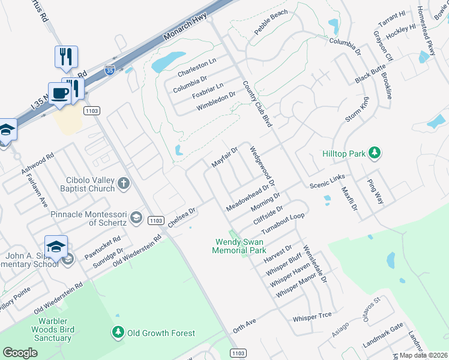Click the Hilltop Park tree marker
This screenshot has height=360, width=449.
pyautogui.click(x=375, y=154)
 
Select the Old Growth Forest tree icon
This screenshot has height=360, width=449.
pyautogui.click(x=118, y=332)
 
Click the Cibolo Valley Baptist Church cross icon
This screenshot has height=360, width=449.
pyautogui.click(x=124, y=183)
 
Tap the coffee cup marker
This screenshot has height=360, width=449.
pyautogui.click(x=60, y=94)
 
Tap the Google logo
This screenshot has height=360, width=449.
pyautogui.click(x=20, y=353)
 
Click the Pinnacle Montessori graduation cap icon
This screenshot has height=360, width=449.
pyautogui.click(x=136, y=217)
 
